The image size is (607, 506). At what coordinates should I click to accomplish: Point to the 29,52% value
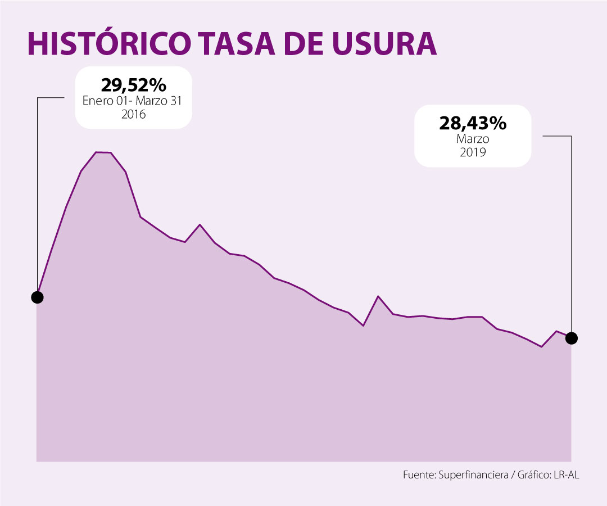click(x=134, y=85)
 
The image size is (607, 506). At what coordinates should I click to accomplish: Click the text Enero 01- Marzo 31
click(x=134, y=101)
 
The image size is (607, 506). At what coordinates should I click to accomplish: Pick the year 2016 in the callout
click(x=134, y=114)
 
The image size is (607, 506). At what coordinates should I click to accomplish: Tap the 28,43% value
click(x=472, y=124)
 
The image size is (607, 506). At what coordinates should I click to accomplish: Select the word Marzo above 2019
click(x=472, y=139)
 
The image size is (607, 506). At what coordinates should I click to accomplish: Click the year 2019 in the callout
click(x=472, y=152)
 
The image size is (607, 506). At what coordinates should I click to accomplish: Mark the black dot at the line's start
click(x=37, y=297)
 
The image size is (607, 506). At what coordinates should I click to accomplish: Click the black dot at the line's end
click(x=571, y=338)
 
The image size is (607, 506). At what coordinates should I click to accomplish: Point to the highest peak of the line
click(x=103, y=152)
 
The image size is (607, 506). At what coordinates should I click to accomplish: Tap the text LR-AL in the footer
click(x=565, y=475)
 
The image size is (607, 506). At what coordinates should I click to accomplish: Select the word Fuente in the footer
click(x=418, y=475)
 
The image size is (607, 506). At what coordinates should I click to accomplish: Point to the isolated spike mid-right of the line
click(x=378, y=296)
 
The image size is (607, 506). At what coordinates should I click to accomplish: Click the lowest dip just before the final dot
click(x=541, y=347)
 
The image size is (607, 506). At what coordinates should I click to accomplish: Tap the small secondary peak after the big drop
click(x=200, y=224)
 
